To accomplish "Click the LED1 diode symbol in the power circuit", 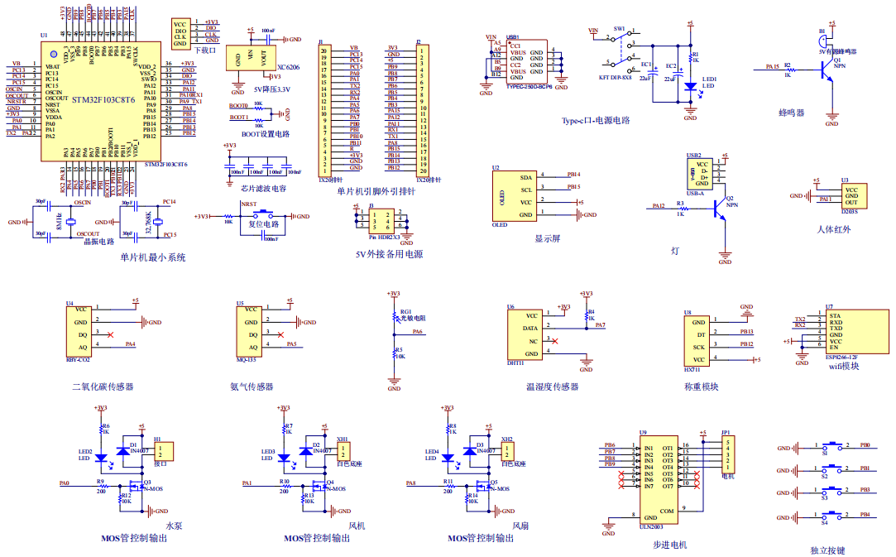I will (x=690, y=85).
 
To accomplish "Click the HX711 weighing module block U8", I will (x=697, y=341).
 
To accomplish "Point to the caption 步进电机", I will (x=669, y=544).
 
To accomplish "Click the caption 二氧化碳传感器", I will (x=103, y=387).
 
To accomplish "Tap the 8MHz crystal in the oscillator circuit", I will (x=71, y=223).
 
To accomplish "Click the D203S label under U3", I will (x=850, y=212).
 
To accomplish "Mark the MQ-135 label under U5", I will (x=247, y=360).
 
